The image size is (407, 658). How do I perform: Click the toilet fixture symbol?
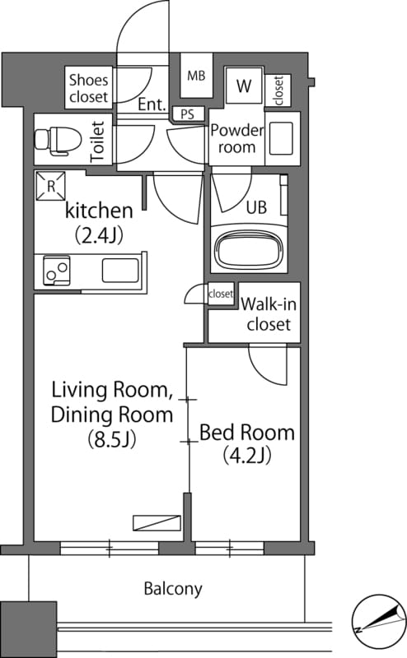pos(58,140)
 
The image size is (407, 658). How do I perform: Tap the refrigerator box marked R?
pos(50,186)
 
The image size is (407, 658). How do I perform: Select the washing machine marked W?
pos(243,86)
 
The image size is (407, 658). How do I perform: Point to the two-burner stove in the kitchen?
pos(56,271)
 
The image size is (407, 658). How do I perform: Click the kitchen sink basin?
pos(120,271)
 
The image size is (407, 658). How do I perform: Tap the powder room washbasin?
pos(281,138)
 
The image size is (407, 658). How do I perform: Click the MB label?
pos(196,76)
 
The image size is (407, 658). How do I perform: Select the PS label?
pos(188,114)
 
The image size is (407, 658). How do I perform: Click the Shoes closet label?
pos(89,88)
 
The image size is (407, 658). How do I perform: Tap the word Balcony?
pos(173,589)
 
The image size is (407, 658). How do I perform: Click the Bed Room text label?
pos(247,433)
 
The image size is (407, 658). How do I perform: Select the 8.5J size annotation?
pos(112,440)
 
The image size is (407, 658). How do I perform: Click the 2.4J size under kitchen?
pos(99,235)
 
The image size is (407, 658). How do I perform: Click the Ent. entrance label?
pos(152,104)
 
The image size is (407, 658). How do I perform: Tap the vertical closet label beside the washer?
pos(278,90)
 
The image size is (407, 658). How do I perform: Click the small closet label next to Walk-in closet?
pos(221,294)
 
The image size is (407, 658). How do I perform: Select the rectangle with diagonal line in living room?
pos(157,523)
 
